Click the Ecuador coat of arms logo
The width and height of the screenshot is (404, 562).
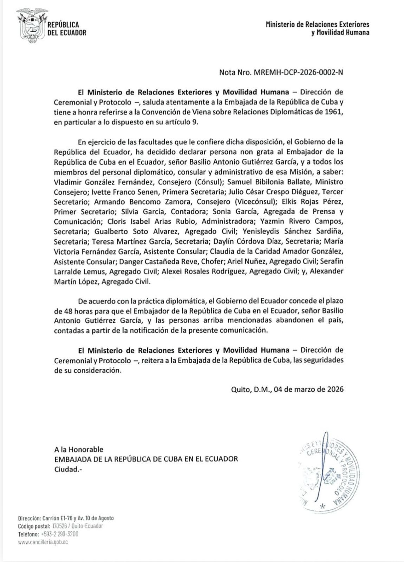pos(32,25)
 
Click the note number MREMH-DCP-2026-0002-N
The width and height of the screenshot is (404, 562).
pos(297,73)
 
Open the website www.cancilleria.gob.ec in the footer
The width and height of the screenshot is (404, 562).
pos(43,542)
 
